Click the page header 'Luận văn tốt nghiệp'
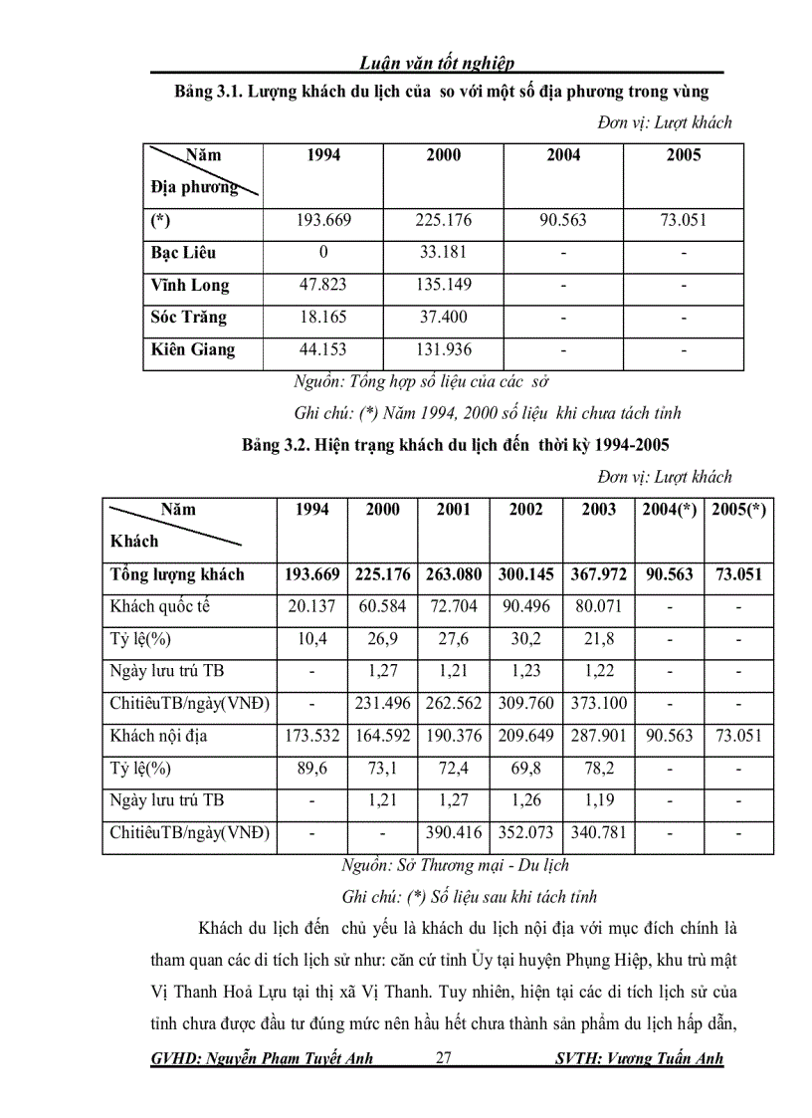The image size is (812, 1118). [437, 64]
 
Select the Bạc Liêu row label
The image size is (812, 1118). [183, 253]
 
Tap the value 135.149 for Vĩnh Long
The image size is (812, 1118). [443, 285]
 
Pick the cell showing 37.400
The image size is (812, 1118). [443, 318]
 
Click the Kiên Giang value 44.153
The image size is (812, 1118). [323, 349]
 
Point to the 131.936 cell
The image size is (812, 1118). [443, 349]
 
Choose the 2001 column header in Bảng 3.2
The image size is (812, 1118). [454, 509]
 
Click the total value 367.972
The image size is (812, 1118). [598, 574]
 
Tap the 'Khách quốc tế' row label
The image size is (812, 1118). [160, 606]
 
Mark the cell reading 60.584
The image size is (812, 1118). [383, 606]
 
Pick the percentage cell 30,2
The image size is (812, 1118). [525, 638]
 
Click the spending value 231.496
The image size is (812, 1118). [383, 704]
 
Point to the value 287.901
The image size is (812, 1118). [598, 736]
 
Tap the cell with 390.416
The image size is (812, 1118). [454, 832]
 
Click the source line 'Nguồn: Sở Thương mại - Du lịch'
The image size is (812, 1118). [455, 865]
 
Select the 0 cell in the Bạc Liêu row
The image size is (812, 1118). [323, 253]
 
